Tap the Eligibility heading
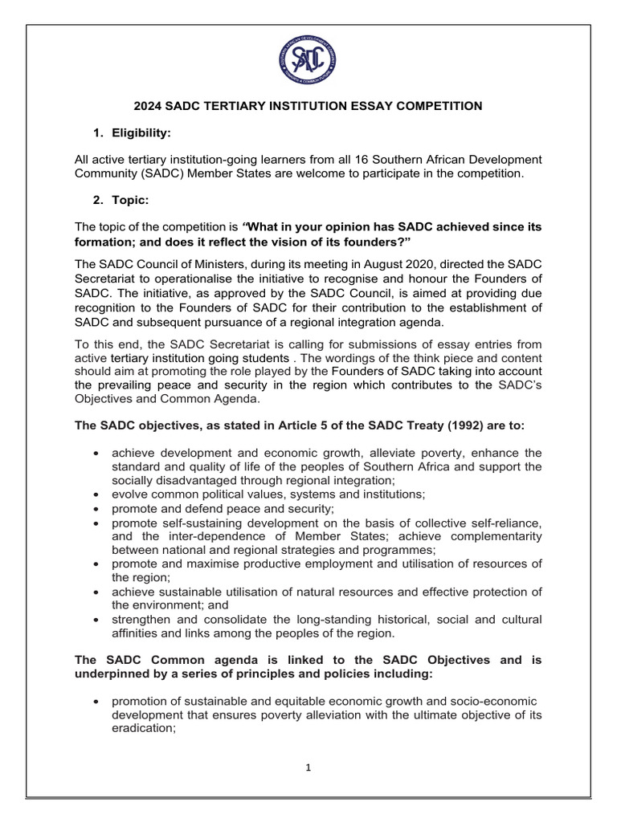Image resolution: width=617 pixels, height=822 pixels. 142,132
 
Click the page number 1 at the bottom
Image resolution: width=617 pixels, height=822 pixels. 308,767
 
